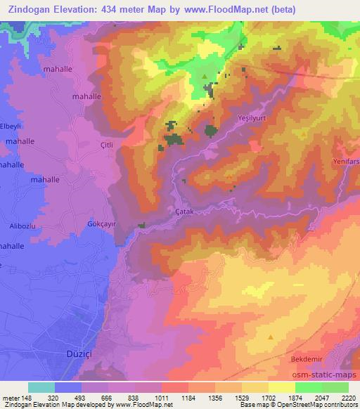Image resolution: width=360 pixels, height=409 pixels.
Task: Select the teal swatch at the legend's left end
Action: coord(41,387)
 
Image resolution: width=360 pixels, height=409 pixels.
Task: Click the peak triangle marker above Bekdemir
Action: coord(271,337)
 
